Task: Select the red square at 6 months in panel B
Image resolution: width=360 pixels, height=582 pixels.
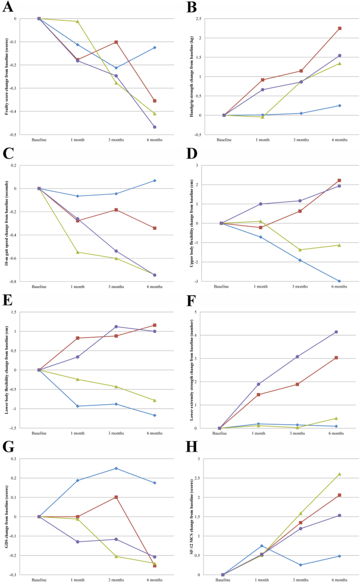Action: [340, 28]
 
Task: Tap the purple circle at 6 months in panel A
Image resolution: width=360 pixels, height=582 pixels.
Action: [155, 127]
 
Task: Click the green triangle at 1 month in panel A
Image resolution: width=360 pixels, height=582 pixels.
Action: [77, 22]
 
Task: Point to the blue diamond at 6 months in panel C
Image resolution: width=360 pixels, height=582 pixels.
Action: [155, 181]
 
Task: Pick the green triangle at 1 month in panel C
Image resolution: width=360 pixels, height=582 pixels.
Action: [77, 252]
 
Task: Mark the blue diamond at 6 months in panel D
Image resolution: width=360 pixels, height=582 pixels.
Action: [340, 281]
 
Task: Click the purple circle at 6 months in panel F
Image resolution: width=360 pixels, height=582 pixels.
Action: [336, 332]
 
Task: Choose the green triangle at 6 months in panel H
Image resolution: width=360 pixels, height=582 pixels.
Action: [340, 474]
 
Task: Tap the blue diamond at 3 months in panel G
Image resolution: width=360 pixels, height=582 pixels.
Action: [116, 468]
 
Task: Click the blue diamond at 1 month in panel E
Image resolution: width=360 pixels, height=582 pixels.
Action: [77, 406]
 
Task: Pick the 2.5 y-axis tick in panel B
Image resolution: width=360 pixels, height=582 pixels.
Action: [212, 18]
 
